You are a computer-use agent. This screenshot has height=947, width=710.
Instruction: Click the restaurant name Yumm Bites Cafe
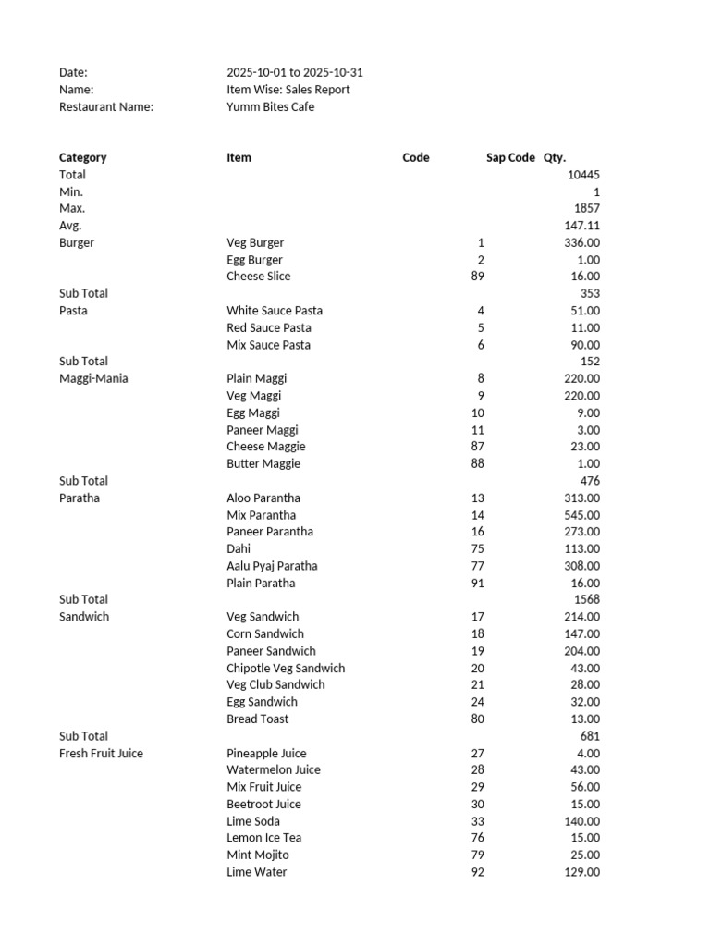270,107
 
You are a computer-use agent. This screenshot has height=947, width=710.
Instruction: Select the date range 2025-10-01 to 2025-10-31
288,73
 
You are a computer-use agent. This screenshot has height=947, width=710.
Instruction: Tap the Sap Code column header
510,158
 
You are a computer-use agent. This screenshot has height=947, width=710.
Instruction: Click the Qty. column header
555,158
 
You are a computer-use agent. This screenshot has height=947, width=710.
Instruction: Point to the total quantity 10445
583,175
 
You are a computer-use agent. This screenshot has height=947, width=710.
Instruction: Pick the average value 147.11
581,226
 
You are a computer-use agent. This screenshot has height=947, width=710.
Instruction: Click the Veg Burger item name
255,243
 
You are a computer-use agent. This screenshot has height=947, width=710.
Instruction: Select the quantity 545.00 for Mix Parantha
581,515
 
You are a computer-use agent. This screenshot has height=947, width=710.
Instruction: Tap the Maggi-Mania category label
93,378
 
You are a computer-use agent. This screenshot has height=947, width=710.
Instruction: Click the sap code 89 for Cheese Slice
477,277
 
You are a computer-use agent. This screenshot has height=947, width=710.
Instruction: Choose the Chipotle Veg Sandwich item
286,669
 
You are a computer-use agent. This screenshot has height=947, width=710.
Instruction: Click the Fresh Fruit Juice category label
101,754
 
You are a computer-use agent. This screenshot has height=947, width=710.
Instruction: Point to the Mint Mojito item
258,855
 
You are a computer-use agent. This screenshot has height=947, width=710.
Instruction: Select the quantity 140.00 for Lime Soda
581,821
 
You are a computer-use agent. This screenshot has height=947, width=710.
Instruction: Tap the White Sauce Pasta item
275,311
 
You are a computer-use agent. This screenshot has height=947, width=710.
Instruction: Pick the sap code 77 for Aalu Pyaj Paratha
477,566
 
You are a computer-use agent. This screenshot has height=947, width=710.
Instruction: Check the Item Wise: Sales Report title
288,91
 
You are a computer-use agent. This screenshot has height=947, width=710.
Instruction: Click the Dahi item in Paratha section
239,549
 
